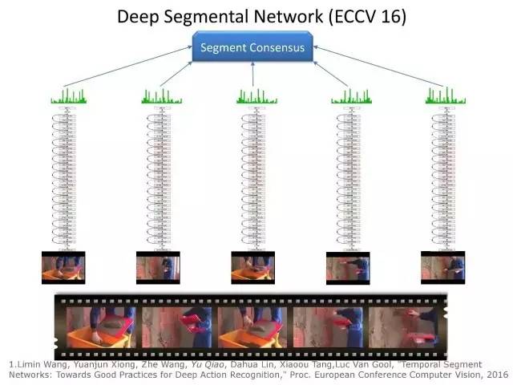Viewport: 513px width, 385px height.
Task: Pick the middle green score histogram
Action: (x=257, y=97)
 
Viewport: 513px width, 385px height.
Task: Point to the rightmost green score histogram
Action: (x=446, y=97)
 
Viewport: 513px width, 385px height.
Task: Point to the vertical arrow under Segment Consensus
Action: (x=253, y=75)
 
